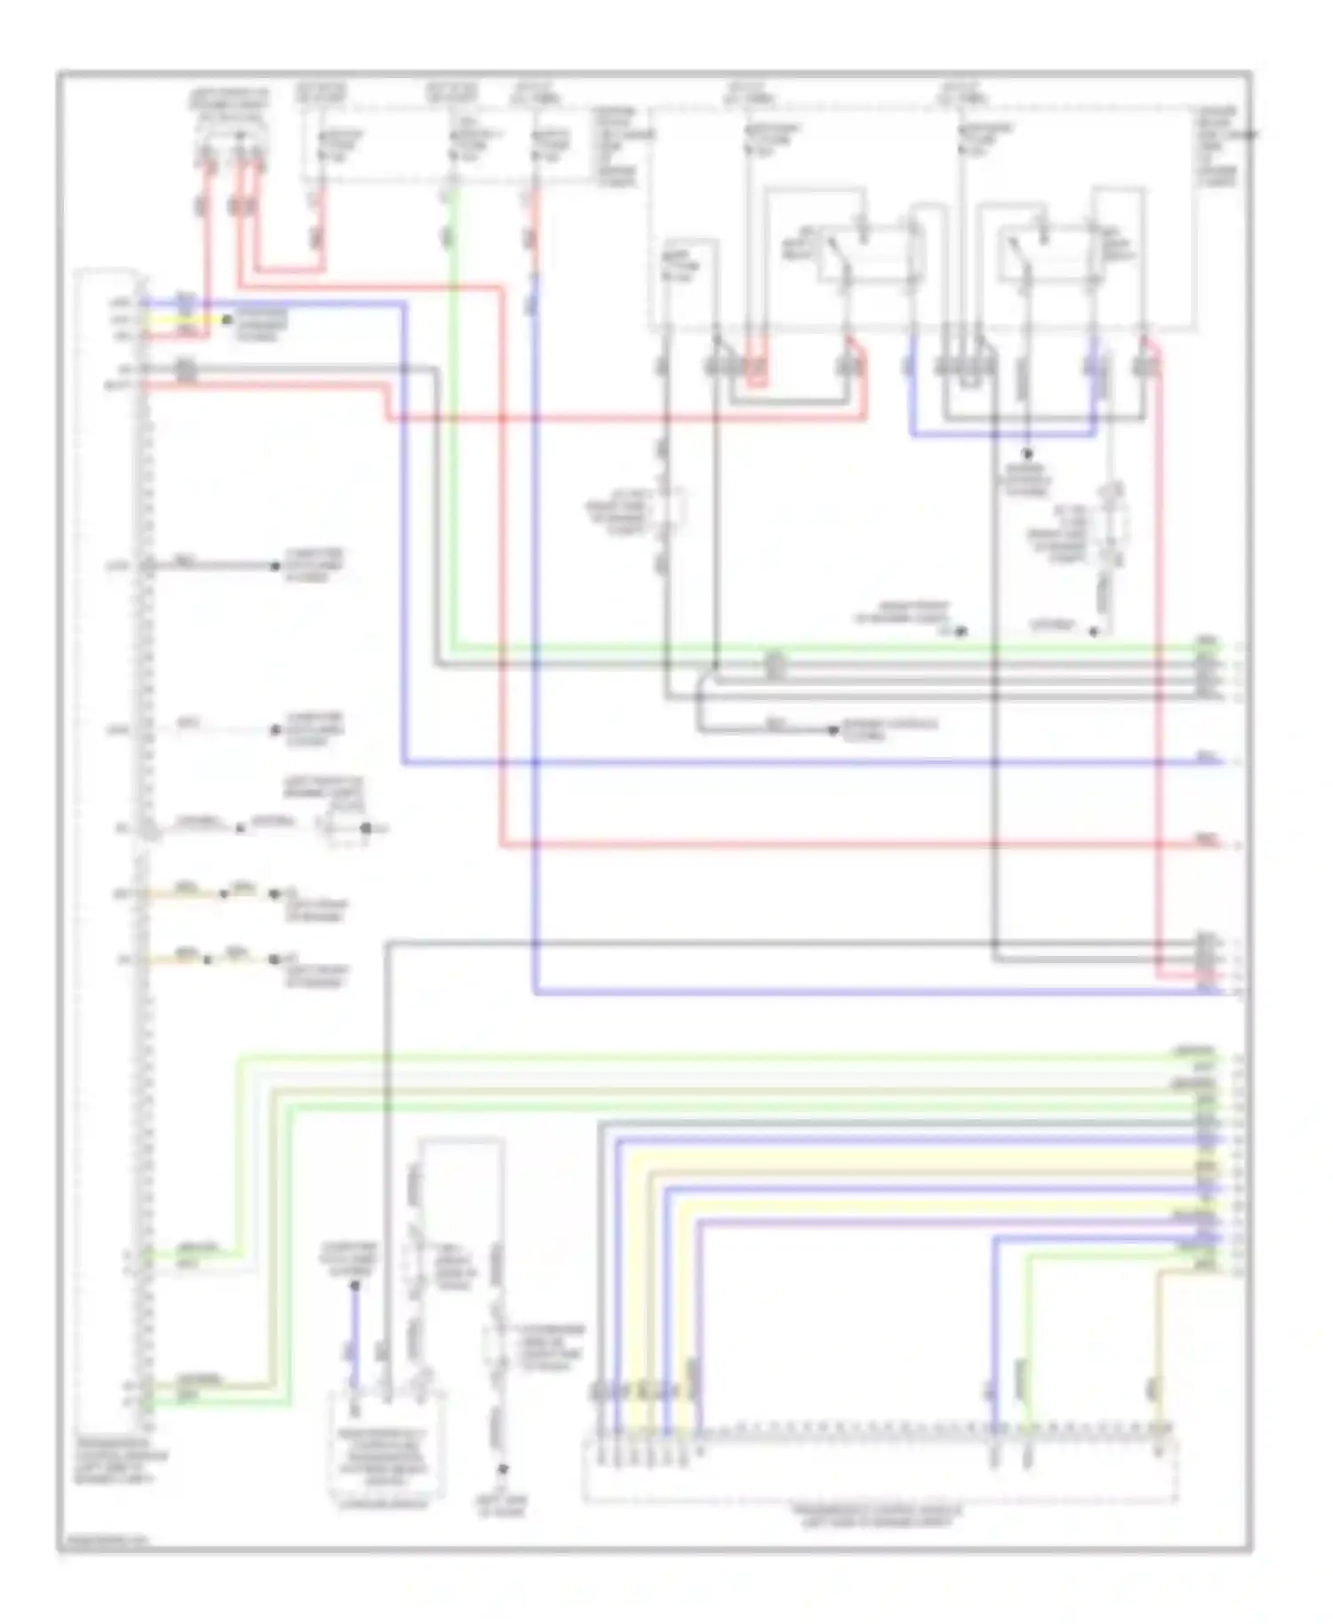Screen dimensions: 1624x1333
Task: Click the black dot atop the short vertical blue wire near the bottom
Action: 354,1285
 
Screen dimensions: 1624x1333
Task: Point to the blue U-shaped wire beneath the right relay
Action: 1004,435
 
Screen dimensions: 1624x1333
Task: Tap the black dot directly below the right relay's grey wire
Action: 1027,454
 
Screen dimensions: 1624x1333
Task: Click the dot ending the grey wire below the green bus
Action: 833,730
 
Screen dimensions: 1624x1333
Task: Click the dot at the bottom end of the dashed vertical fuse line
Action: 502,1469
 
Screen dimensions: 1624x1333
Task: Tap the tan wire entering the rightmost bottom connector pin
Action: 1156,1350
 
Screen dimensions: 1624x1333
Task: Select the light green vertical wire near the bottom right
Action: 1027,1333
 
